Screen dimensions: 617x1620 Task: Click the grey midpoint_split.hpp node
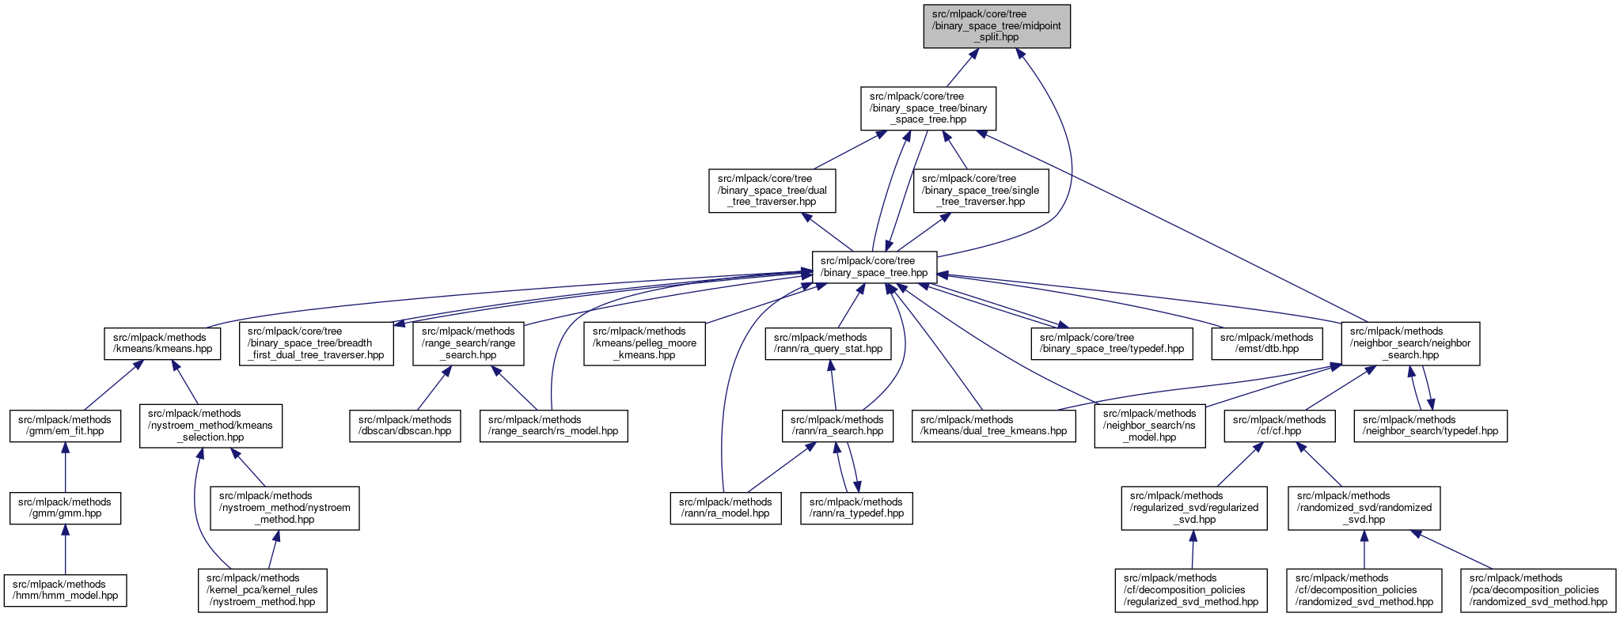click(996, 26)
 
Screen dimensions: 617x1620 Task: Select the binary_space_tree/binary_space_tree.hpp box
click(928, 108)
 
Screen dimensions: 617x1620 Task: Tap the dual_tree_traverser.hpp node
click(772, 191)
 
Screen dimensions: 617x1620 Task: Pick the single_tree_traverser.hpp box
click(981, 191)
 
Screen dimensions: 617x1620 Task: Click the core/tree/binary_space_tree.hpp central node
click(874, 267)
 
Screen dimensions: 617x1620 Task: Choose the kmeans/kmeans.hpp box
click(161, 343)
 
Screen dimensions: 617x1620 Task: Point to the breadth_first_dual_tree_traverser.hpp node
click(316, 343)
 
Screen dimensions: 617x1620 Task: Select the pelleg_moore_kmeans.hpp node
click(644, 343)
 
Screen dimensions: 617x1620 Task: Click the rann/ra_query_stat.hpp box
click(828, 343)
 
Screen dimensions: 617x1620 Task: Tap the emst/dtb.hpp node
click(1266, 343)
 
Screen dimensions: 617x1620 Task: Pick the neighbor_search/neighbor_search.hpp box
click(1409, 343)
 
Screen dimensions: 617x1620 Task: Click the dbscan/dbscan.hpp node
click(404, 426)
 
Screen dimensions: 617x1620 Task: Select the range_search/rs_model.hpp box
click(553, 426)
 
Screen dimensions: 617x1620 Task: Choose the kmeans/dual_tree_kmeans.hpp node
click(993, 426)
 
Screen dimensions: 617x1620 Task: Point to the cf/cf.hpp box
click(1279, 426)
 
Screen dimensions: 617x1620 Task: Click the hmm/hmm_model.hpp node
click(65, 590)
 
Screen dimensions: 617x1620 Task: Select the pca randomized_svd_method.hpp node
click(1538, 590)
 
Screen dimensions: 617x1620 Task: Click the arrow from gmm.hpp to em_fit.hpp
click(65, 467)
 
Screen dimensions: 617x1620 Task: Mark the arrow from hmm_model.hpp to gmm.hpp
click(65, 549)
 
